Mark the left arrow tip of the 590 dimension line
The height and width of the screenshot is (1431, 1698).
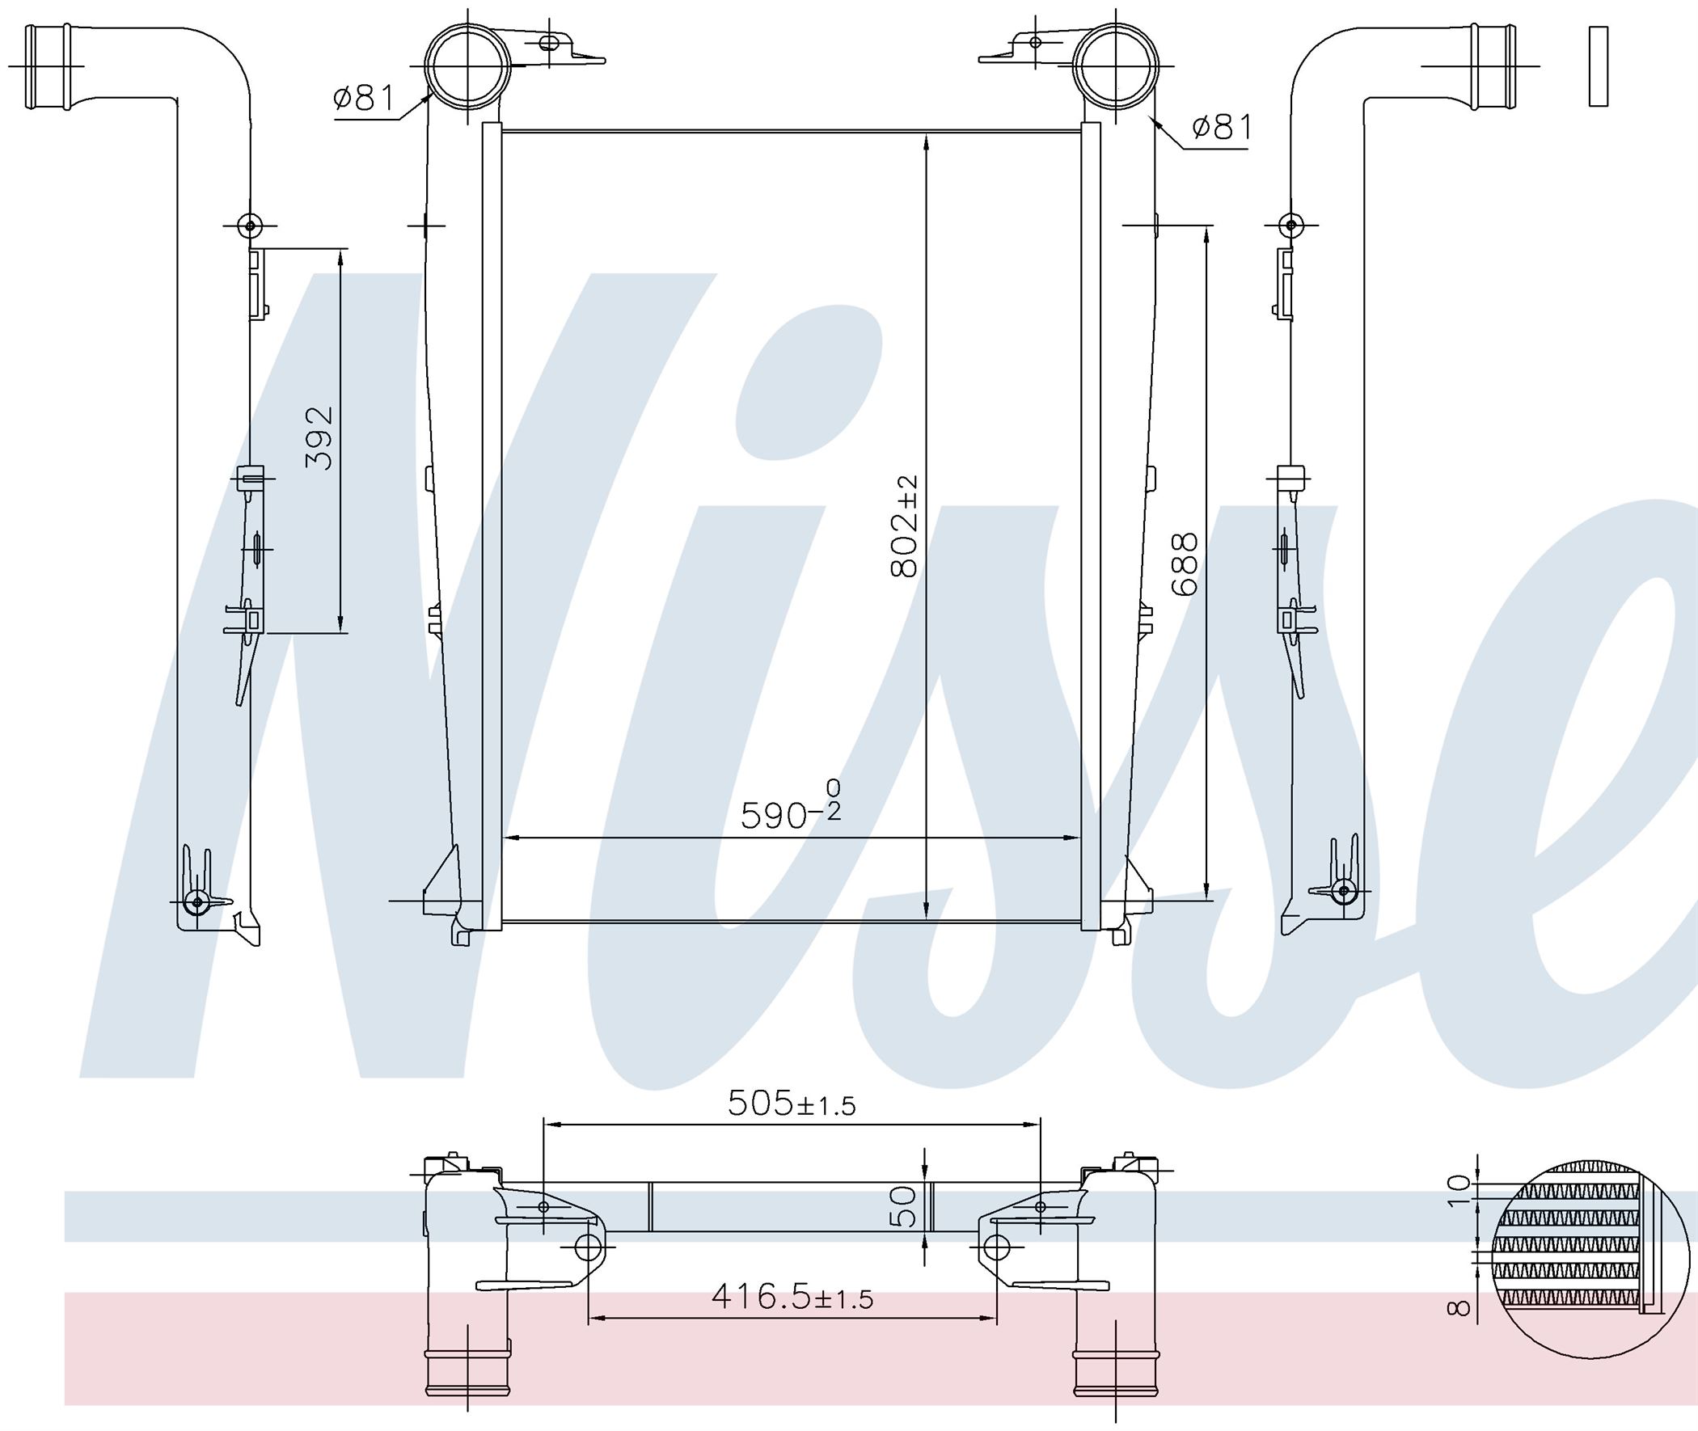coord(505,837)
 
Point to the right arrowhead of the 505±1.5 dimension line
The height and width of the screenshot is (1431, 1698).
coord(1038,1125)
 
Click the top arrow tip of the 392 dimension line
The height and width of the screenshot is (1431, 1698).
coord(340,248)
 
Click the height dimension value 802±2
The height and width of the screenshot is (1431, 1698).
coord(904,526)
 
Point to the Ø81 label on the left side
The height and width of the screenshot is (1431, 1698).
coord(362,99)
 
